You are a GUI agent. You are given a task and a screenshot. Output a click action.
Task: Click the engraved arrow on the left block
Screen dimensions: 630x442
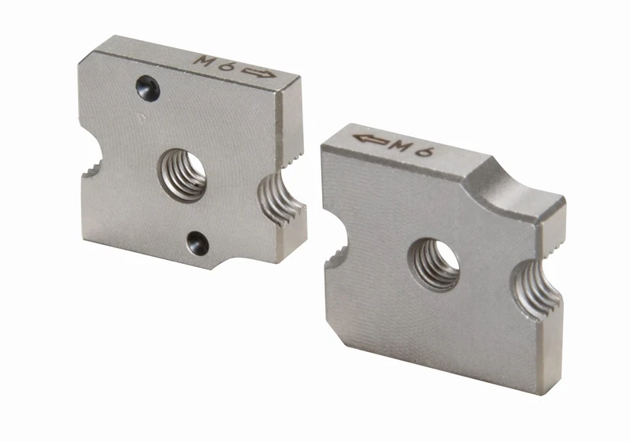(x=260, y=72)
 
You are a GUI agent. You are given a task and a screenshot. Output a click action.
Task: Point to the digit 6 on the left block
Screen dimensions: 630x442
(x=227, y=65)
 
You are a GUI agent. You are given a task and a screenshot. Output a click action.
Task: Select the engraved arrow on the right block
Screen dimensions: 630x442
(x=371, y=139)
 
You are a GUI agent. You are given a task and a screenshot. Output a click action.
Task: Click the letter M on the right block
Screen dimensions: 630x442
(x=402, y=145)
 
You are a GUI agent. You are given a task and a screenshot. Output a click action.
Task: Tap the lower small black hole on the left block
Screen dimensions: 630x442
(x=198, y=243)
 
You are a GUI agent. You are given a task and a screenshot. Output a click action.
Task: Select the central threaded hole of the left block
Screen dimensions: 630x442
(x=182, y=174)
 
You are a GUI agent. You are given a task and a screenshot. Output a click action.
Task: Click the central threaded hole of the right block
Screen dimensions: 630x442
(x=434, y=263)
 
